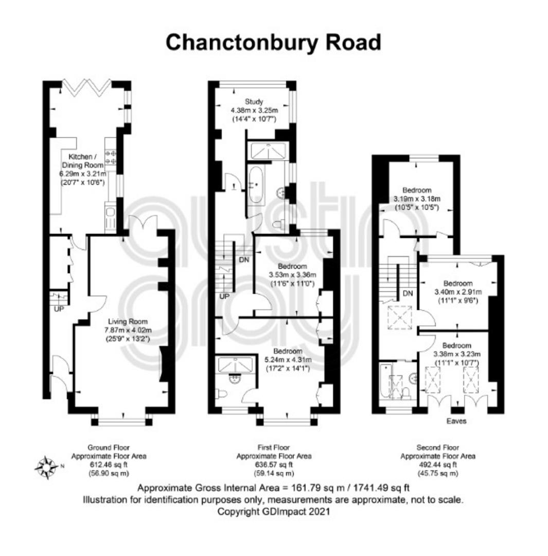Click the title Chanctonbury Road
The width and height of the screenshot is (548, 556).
click(273, 43)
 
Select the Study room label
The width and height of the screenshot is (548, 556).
click(254, 102)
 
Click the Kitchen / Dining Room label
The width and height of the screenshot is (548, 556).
click(83, 161)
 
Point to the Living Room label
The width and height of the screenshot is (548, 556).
click(128, 322)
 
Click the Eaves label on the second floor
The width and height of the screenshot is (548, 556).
click(456, 421)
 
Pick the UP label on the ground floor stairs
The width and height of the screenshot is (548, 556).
click(59, 309)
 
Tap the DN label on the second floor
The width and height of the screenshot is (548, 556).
click(408, 293)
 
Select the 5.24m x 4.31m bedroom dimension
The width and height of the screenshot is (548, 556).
click(288, 359)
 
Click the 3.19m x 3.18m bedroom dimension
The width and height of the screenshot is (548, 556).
click(417, 199)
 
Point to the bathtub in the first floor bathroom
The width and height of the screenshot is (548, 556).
click(255, 185)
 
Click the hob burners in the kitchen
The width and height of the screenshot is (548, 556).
click(110, 157)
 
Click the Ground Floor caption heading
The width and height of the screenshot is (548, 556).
click(109, 447)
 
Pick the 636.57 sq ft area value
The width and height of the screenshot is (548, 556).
click(274, 464)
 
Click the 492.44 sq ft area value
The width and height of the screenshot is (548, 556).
click(438, 464)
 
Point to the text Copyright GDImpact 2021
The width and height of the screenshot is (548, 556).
click(273, 511)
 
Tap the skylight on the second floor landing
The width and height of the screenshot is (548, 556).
click(400, 318)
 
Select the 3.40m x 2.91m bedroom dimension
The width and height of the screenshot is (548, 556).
click(458, 292)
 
